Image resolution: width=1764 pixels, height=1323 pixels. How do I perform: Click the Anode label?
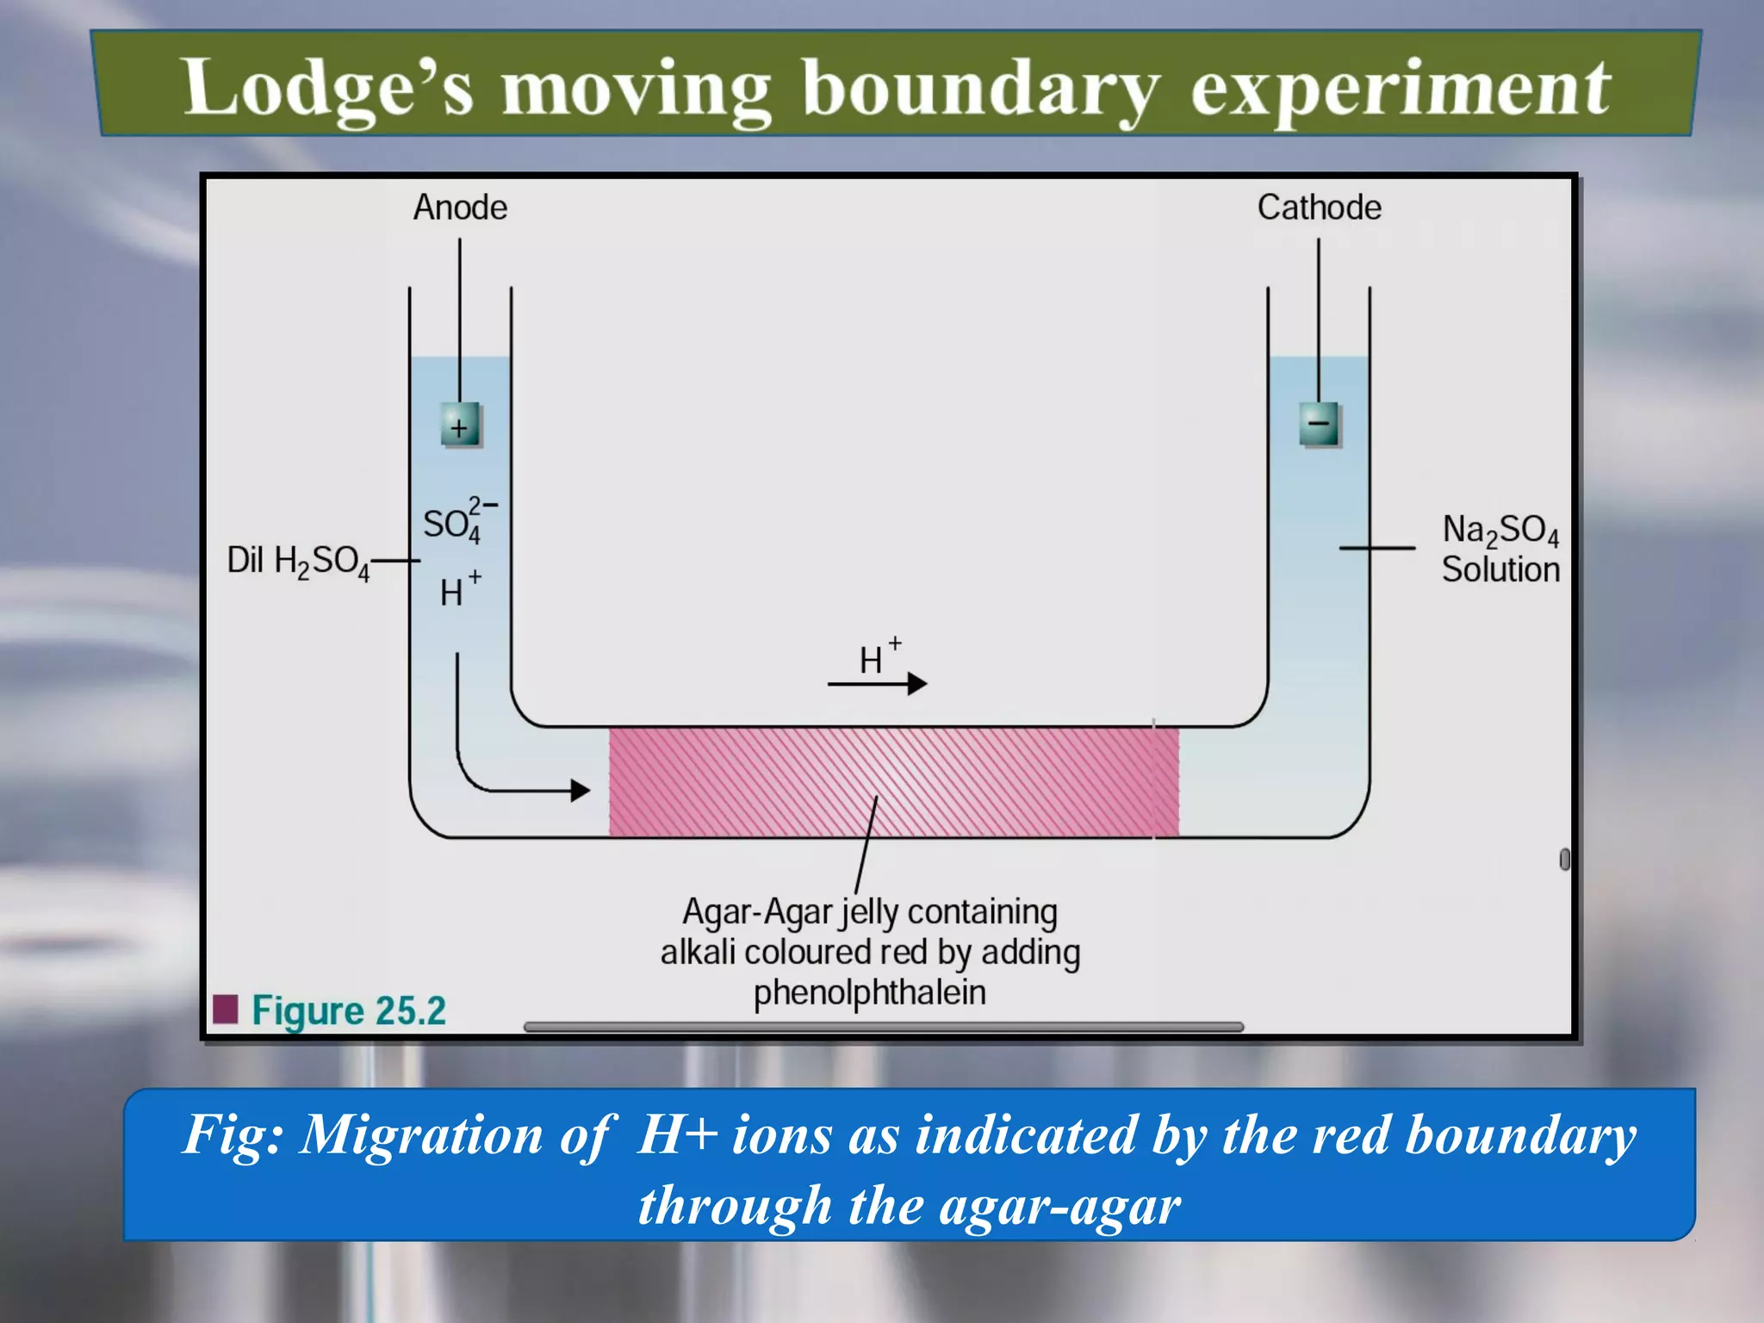click(x=460, y=208)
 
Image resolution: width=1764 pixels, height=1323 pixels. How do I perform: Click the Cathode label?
click(x=1319, y=208)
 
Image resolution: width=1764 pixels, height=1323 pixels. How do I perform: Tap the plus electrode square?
click(x=460, y=425)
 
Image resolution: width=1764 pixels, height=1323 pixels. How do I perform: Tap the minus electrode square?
click(x=1319, y=424)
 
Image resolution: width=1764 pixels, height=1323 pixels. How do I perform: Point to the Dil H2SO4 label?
click(x=298, y=562)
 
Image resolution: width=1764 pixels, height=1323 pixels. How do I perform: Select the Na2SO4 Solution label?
click(x=1500, y=550)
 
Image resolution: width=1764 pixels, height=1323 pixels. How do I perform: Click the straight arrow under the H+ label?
click(x=877, y=684)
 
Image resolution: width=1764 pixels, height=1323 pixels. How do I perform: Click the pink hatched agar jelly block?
click(x=893, y=781)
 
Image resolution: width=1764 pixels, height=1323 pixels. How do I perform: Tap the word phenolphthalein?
click(x=870, y=993)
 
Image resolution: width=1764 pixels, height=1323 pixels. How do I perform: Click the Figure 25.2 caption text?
click(x=349, y=1010)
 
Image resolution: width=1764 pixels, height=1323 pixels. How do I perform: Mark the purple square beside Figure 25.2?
click(x=225, y=1009)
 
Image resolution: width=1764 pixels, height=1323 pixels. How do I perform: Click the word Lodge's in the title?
click(x=328, y=88)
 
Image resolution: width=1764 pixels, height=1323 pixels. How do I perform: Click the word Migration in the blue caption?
click(x=421, y=1134)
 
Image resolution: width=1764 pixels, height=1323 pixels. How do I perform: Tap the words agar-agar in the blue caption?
click(x=1059, y=1205)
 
